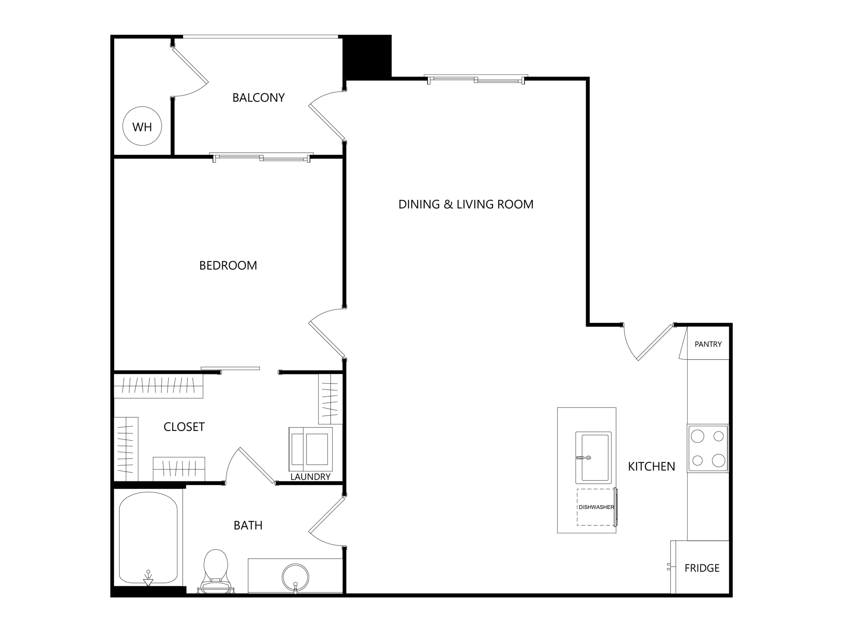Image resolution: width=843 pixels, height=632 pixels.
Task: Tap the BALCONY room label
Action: [259, 97]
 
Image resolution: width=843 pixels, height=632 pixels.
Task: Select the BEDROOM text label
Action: [228, 266]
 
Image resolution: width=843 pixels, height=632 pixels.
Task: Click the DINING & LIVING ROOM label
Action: [466, 204]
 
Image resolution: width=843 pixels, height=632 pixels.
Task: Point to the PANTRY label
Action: [708, 344]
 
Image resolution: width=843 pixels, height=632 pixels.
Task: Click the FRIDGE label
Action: [702, 568]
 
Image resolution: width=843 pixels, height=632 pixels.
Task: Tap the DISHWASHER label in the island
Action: [596, 507]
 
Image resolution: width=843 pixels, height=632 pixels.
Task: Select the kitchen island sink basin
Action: [594, 458]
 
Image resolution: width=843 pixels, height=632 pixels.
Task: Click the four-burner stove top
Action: [708, 448]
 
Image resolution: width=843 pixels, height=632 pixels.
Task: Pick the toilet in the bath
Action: [216, 571]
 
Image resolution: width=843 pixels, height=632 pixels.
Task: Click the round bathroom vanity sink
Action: [295, 578]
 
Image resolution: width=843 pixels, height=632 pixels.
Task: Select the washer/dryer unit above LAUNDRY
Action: [310, 449]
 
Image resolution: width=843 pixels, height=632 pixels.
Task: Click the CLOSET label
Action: [184, 427]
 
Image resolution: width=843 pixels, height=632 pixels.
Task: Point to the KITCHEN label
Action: [652, 466]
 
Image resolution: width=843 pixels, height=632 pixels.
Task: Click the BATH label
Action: [248, 525]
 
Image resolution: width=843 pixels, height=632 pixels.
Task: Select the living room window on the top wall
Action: [476, 79]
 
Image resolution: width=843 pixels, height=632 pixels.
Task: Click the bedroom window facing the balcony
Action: [261, 157]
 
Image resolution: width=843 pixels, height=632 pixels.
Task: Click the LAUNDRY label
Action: [310, 477]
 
